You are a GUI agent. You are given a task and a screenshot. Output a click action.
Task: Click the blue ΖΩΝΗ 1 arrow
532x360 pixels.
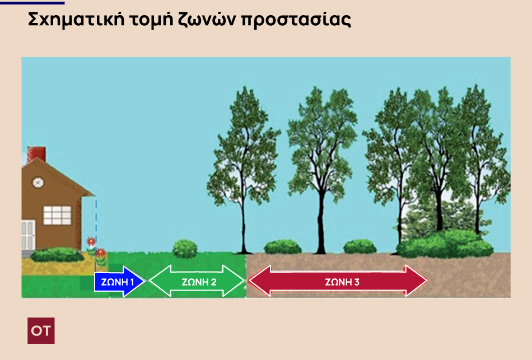point(119,281)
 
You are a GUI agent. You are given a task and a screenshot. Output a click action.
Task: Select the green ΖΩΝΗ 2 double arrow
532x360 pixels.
point(197,281)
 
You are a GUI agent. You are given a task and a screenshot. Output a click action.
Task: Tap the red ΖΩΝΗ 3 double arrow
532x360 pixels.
point(338,281)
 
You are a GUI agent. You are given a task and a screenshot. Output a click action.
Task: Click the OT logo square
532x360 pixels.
point(41,330)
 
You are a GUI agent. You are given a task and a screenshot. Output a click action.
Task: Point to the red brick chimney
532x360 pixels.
point(36,155)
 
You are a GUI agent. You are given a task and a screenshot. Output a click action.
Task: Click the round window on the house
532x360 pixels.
point(38,183)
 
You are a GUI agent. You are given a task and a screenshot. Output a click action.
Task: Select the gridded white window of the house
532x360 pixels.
point(57,215)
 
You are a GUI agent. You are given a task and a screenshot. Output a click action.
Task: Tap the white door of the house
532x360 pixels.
point(28,235)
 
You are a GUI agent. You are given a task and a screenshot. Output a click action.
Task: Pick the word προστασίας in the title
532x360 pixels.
point(296,20)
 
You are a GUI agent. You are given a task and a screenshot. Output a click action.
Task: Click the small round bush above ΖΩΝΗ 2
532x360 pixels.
point(185,249)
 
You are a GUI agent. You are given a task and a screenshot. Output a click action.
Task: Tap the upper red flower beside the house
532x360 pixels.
point(91,241)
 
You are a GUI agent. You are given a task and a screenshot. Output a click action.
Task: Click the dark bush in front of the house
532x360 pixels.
point(57,255)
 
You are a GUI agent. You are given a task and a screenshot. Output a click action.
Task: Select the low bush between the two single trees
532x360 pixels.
point(283,247)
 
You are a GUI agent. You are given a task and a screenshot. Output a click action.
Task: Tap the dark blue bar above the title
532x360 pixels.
point(32,3)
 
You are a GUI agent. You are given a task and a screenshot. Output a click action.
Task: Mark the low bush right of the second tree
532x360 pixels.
point(360,247)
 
